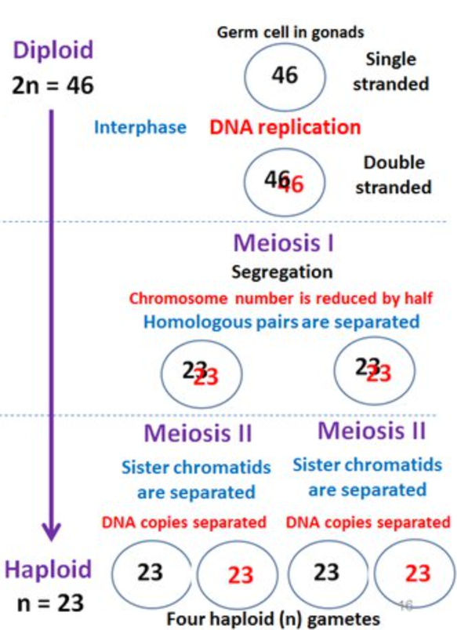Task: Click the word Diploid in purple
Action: click(53, 50)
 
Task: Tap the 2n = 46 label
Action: click(53, 86)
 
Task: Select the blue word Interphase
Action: click(140, 128)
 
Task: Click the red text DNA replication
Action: click(285, 127)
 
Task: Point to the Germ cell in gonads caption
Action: click(290, 32)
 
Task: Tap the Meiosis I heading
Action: click(284, 243)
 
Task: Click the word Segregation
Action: click(282, 272)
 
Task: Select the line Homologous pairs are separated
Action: click(281, 322)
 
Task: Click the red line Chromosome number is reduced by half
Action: click(281, 299)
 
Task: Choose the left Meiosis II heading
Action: click(198, 433)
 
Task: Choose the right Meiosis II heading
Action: click(372, 431)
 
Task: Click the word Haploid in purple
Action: click(48, 570)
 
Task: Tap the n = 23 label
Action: click(50, 603)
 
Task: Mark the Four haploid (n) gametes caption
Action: click(273, 620)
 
